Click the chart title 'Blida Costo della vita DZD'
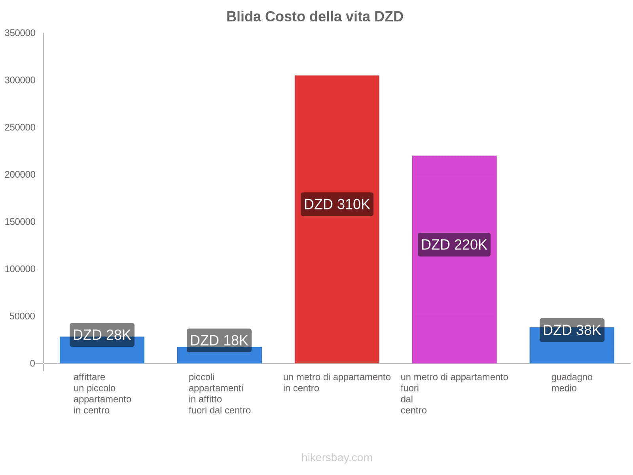coord(315,17)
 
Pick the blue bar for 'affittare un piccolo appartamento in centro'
coord(102,355)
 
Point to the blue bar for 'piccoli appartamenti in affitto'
coord(219,357)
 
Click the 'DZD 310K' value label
coord(337,204)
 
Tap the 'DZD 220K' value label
coord(454,245)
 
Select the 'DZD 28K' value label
coord(102,335)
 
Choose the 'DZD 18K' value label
coord(219,340)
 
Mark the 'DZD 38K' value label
coord(572,330)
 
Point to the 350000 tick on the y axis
coord(20,33)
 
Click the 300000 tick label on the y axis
coord(20,80)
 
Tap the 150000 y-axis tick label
coord(20,222)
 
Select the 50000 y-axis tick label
coord(22,316)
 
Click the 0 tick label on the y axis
coord(32,363)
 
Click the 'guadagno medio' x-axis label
coord(572,382)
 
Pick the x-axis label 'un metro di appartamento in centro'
coord(337,382)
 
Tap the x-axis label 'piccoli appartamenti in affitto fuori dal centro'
coord(220,393)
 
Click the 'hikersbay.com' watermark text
coord(337,458)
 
